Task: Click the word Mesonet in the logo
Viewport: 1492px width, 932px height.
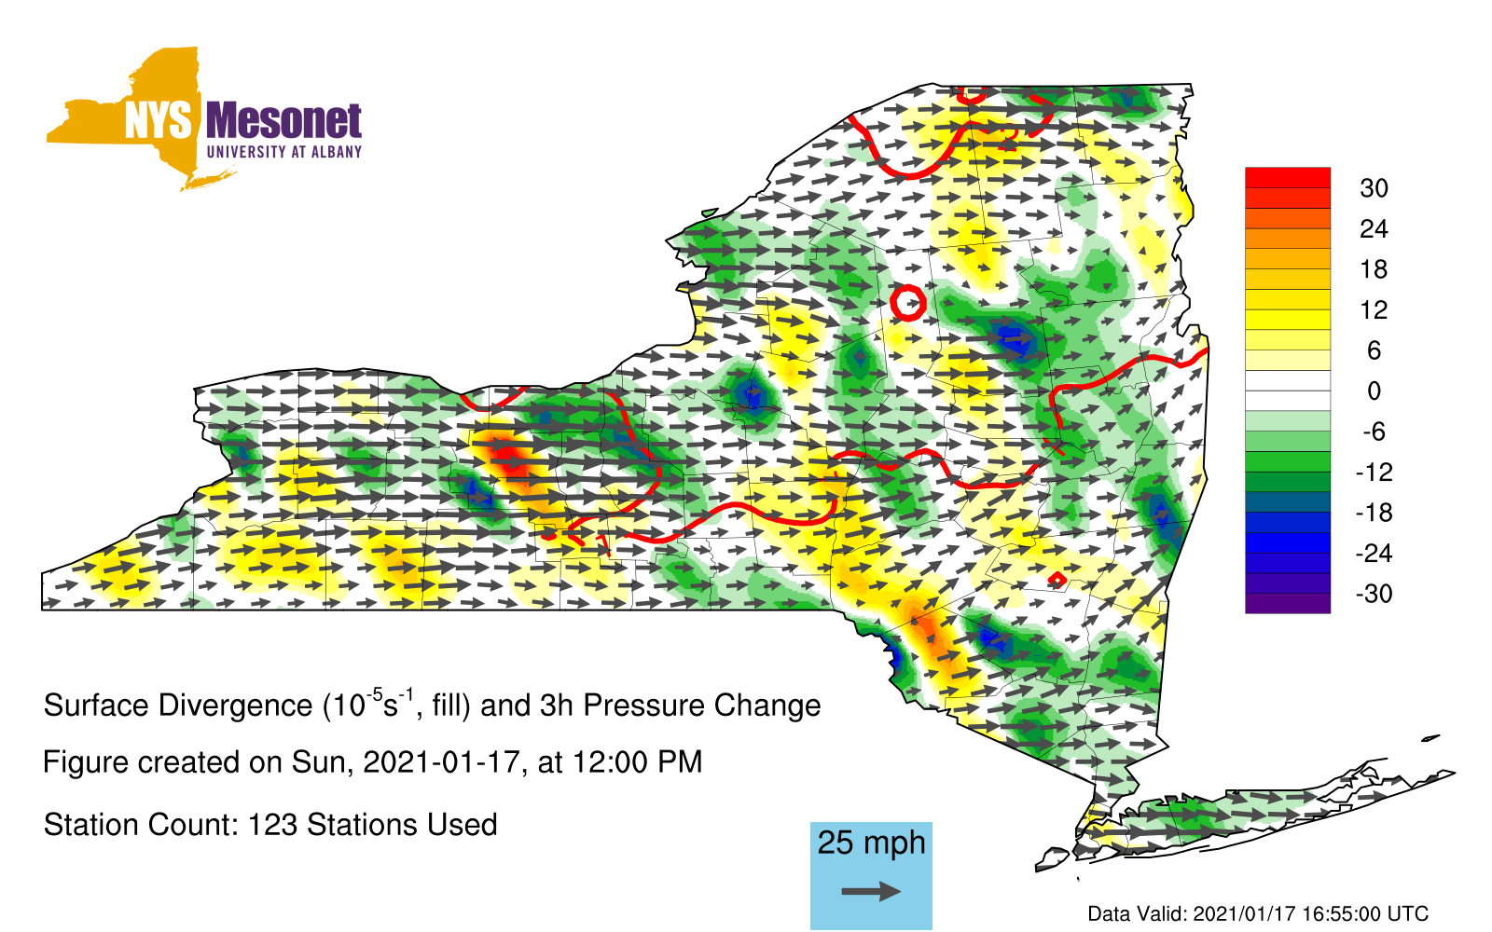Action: tap(283, 121)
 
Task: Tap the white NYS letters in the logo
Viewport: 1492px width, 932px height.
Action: tap(159, 121)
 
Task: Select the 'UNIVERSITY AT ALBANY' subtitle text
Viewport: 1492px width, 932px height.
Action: tap(284, 152)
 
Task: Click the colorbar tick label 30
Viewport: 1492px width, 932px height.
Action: tap(1375, 188)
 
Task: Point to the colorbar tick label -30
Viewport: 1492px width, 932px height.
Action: tap(1374, 593)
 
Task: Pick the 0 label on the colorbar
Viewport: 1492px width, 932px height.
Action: tap(1375, 391)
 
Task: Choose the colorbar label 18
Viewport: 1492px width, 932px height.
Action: tap(1375, 269)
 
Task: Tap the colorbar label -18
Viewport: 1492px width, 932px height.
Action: tap(1374, 513)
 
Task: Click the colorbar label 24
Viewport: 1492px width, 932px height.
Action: tap(1375, 229)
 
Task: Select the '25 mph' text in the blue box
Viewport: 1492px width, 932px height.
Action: tap(871, 843)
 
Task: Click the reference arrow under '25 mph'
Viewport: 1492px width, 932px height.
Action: tap(871, 891)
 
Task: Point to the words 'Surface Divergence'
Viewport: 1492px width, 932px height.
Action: tap(178, 706)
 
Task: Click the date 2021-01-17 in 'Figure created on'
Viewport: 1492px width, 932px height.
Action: tap(440, 762)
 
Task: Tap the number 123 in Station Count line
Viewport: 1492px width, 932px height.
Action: tap(271, 825)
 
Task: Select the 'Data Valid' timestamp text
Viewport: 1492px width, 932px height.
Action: tap(1258, 913)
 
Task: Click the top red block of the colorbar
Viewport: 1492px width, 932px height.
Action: tap(1288, 178)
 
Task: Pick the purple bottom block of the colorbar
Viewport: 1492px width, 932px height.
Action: tap(1288, 602)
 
